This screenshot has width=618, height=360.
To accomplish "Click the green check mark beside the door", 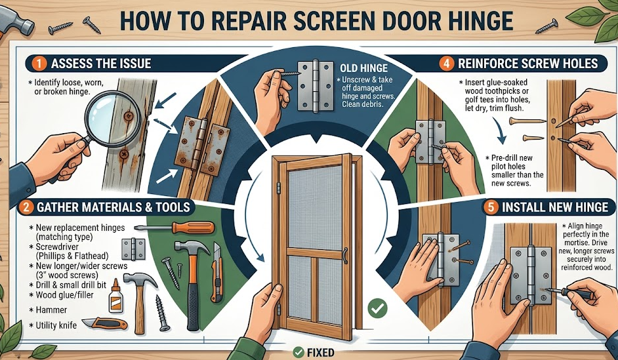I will [376, 306].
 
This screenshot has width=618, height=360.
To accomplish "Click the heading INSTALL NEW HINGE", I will [555, 207].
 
